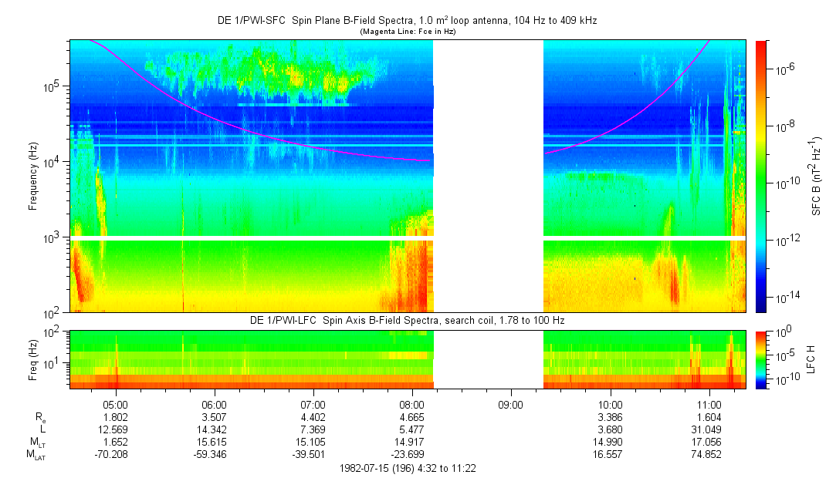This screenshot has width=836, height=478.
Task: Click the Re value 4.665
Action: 412,417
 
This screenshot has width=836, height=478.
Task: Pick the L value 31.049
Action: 709,429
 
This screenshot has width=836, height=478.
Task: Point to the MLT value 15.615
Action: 214,443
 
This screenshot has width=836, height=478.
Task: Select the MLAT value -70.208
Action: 116,455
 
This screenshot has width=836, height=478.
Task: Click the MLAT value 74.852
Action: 709,455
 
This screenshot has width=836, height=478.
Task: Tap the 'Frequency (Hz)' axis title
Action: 33,176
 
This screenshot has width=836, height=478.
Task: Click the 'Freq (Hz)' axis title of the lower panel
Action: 33,359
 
